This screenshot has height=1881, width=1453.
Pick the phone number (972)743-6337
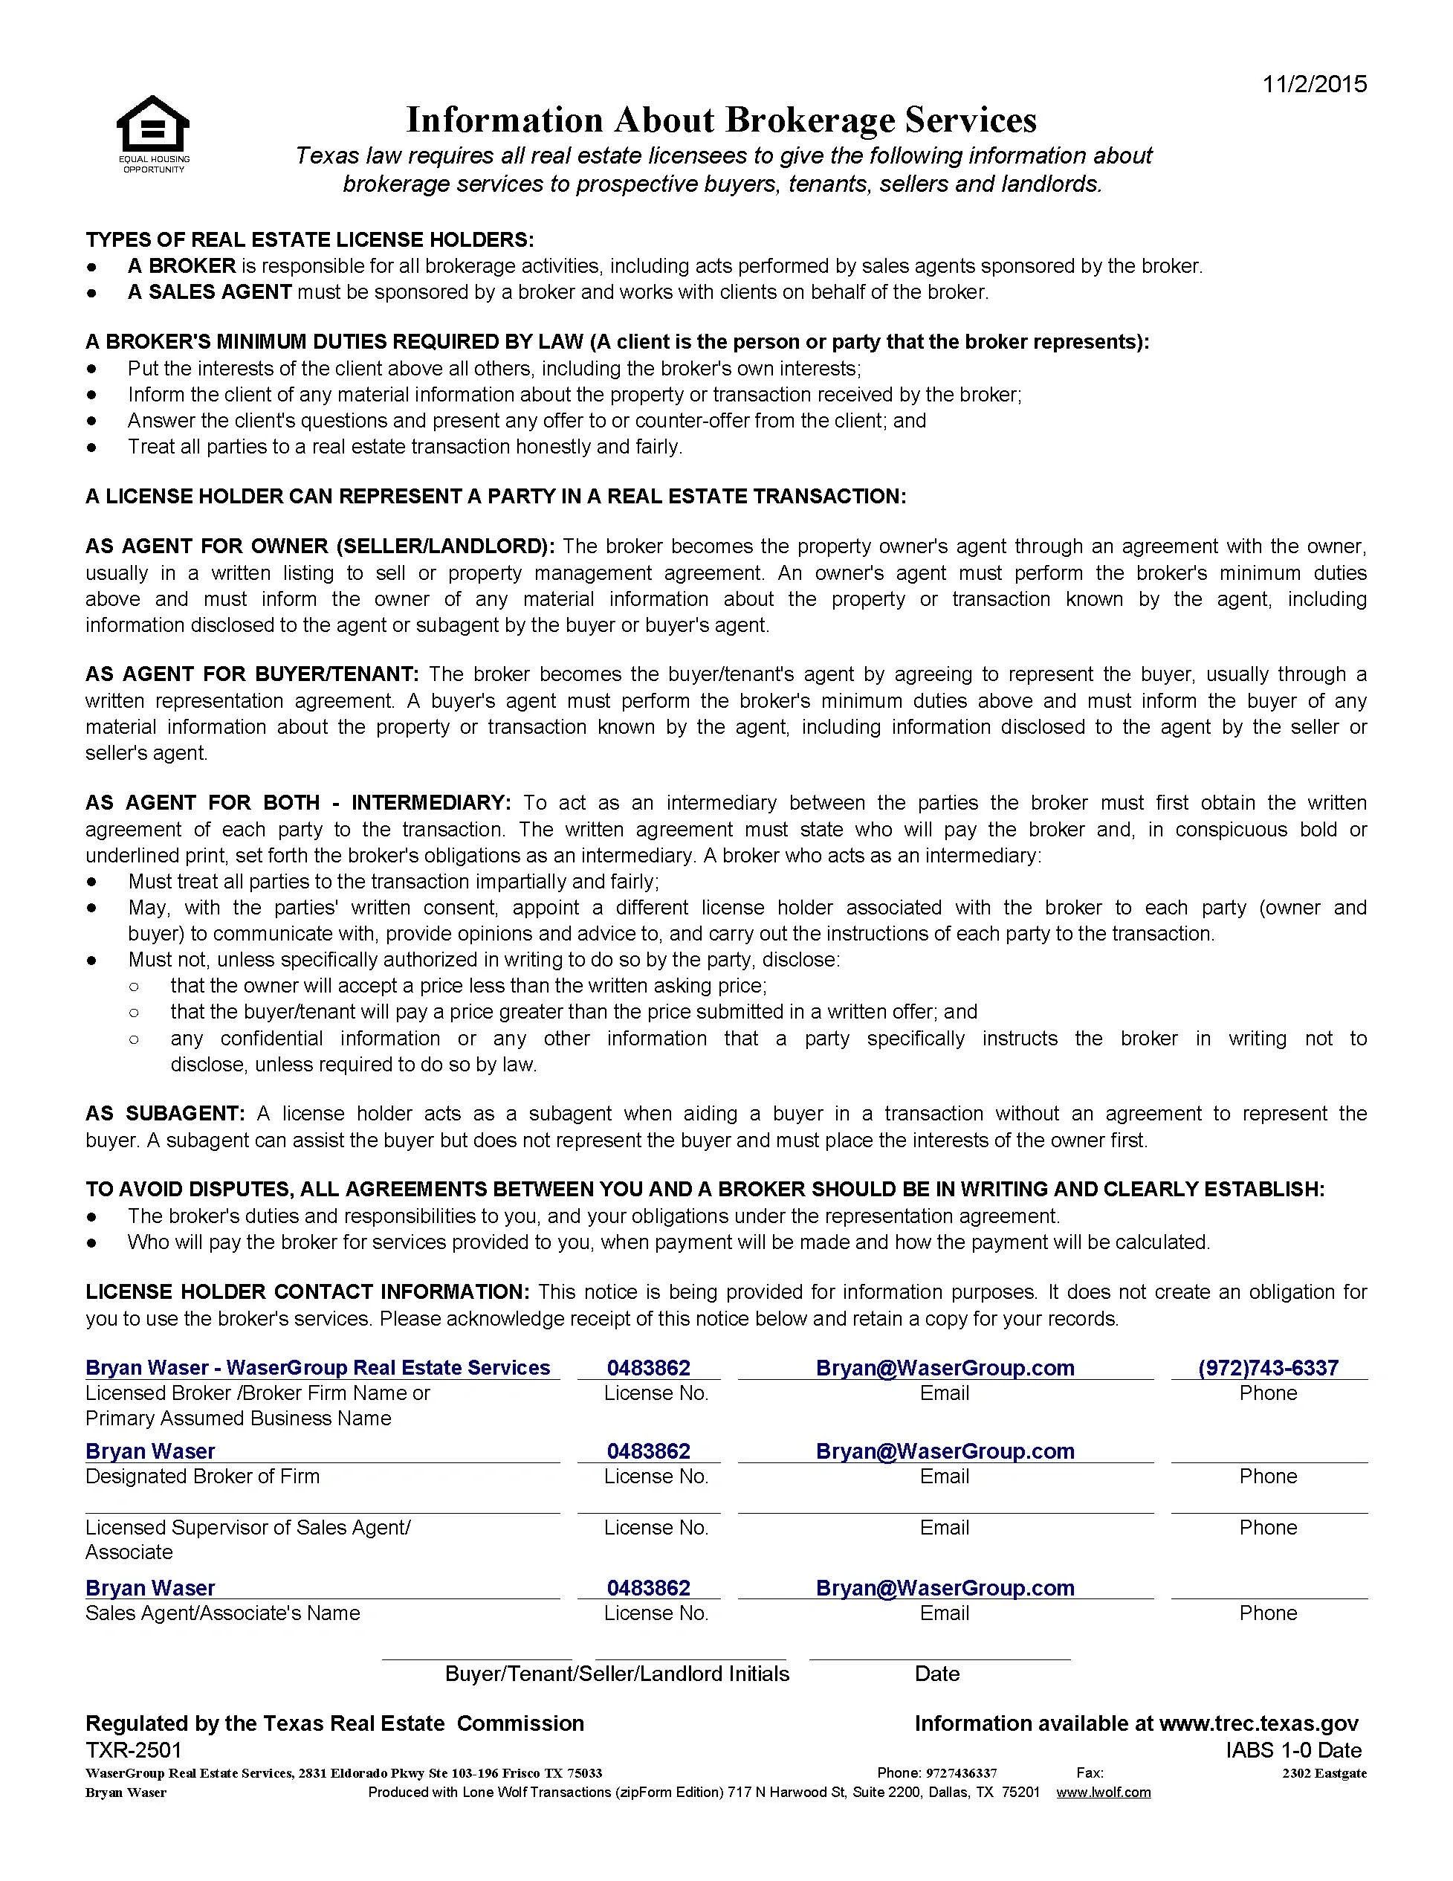[x=1268, y=1368]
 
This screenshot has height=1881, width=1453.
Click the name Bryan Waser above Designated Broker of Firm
[x=150, y=1451]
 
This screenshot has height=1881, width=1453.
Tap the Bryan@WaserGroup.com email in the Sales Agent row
[x=945, y=1587]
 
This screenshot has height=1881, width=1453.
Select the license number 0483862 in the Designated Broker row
[x=648, y=1451]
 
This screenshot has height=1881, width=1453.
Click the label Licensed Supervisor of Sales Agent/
[x=248, y=1527]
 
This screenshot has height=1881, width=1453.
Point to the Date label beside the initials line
[x=936, y=1674]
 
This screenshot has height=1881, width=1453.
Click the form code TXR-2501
[x=134, y=1749]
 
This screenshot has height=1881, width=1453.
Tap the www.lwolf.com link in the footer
[x=1103, y=1793]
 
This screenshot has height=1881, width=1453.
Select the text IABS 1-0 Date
[x=1294, y=1749]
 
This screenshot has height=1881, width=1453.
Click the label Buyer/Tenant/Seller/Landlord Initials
[x=616, y=1674]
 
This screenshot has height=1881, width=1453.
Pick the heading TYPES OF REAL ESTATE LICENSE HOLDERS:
[x=309, y=239]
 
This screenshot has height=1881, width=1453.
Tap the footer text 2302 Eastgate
[x=1324, y=1772]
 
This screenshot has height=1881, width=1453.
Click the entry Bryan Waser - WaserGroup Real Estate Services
[x=317, y=1368]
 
